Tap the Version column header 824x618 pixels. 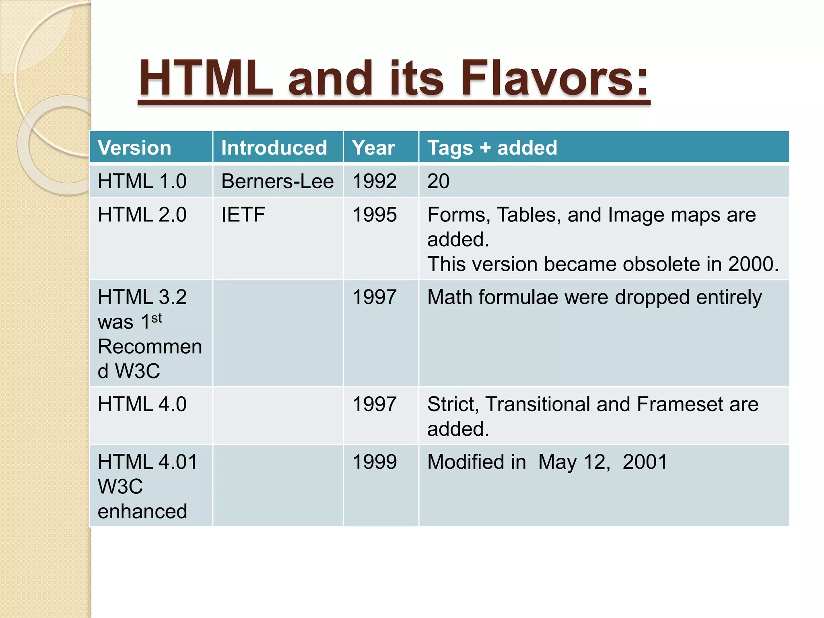[x=134, y=148]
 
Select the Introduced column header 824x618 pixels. [x=274, y=148]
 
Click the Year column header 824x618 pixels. [x=373, y=148]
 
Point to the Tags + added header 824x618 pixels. [x=492, y=148]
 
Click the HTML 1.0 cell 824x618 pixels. [x=142, y=181]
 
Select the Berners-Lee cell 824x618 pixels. [x=277, y=181]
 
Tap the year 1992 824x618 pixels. [x=375, y=181]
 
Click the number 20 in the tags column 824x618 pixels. [x=438, y=181]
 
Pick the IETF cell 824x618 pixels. [x=243, y=214]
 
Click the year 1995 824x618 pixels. [x=375, y=214]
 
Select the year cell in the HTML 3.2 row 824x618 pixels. [x=375, y=297]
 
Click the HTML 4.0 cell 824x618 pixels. [x=142, y=404]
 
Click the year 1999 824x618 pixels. [x=375, y=461]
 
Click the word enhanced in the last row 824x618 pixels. [x=142, y=511]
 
